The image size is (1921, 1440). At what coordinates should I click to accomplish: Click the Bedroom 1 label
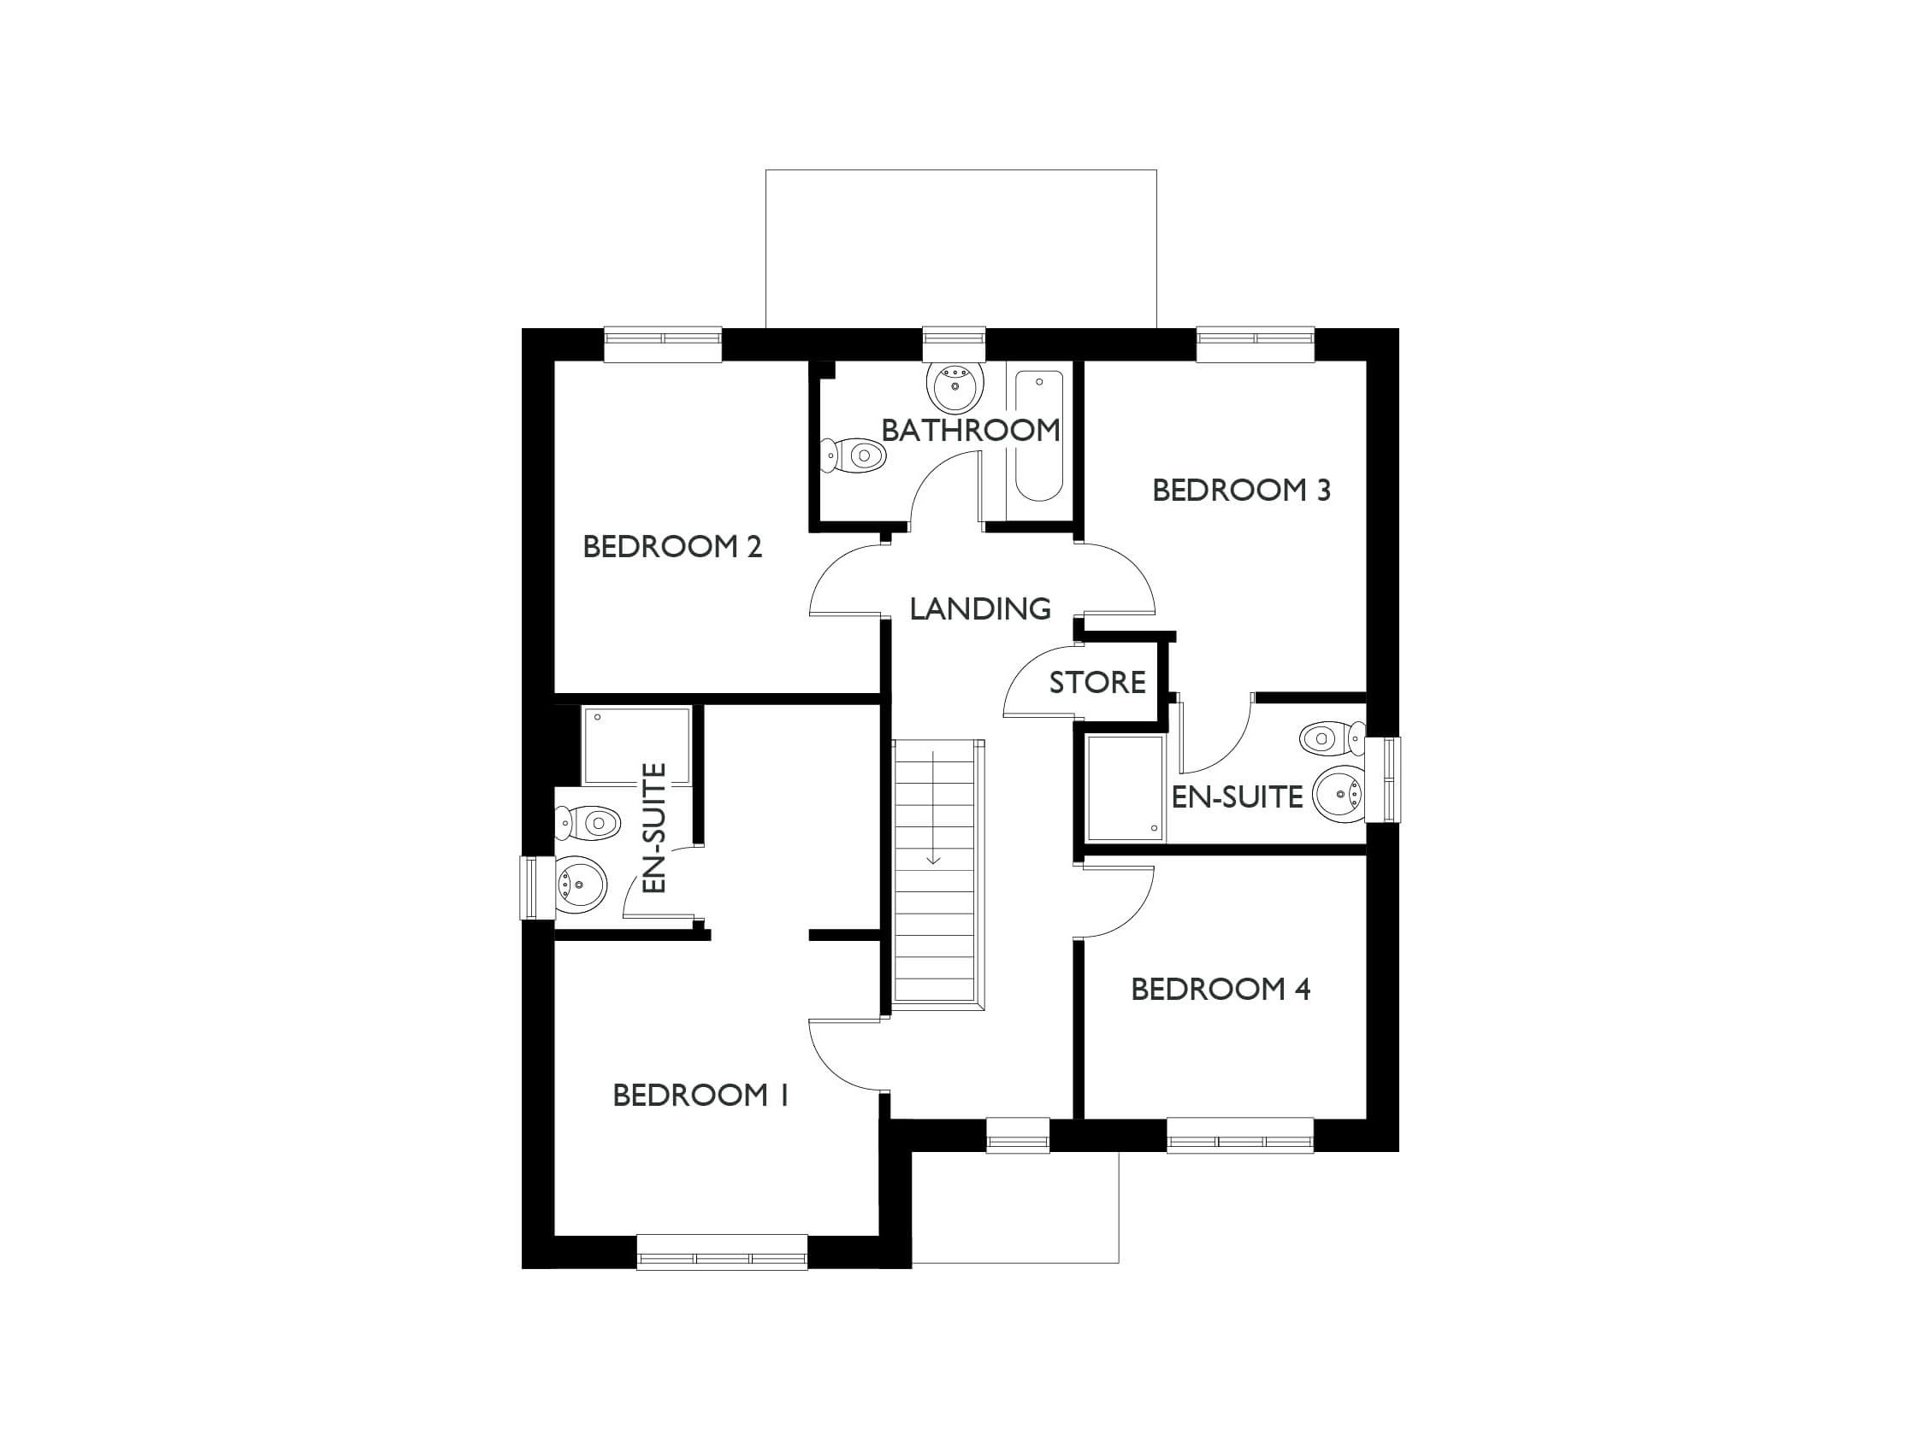(700, 1096)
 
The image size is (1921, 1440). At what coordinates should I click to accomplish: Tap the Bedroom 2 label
(672, 547)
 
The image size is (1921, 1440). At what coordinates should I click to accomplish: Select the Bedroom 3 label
(1241, 491)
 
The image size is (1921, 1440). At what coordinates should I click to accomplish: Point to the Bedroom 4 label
(1221, 989)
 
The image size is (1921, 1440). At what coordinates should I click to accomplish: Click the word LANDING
(980, 608)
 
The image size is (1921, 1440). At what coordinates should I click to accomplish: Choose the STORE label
(1097, 683)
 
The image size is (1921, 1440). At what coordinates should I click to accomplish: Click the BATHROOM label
(970, 430)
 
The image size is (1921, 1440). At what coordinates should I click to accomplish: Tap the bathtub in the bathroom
(1038, 437)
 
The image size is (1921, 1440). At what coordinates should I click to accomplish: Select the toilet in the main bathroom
(854, 455)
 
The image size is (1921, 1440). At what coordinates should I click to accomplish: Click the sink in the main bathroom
(955, 386)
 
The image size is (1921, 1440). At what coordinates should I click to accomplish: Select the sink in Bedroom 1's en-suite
(580, 885)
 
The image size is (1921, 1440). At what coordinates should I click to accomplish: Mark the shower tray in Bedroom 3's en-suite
(1125, 788)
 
